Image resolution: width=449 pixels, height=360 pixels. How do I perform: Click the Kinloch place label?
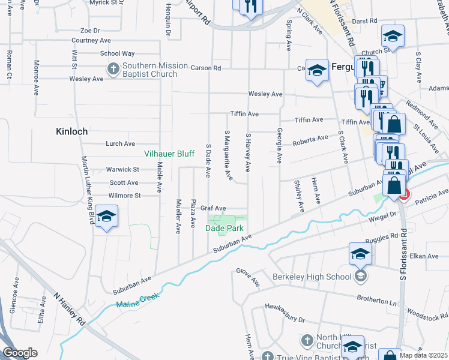(71, 131)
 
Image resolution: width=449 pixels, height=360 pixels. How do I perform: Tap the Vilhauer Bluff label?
(169, 154)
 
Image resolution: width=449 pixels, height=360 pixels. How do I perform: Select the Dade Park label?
(224, 229)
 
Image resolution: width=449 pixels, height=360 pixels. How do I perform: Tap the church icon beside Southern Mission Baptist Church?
(113, 70)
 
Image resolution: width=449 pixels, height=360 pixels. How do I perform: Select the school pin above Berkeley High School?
(360, 254)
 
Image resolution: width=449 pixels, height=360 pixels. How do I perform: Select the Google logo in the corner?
(20, 353)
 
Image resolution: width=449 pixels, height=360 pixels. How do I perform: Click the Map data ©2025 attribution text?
(424, 355)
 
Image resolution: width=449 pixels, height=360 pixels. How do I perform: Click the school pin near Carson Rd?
(316, 71)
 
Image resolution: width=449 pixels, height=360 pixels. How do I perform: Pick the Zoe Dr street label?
(90, 30)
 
